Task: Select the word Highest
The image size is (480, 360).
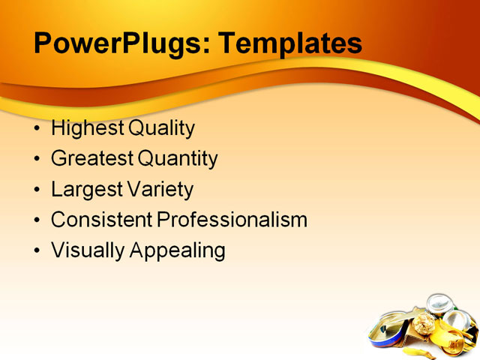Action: click(88, 129)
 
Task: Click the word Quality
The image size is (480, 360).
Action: click(162, 129)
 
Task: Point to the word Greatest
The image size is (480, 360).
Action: click(92, 159)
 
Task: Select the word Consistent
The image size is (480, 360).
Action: click(101, 220)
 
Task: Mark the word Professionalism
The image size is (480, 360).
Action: click(232, 220)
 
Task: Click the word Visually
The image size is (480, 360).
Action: click(88, 250)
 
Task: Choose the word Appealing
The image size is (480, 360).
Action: click(178, 250)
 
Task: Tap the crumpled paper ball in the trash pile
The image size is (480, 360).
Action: click(424, 324)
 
